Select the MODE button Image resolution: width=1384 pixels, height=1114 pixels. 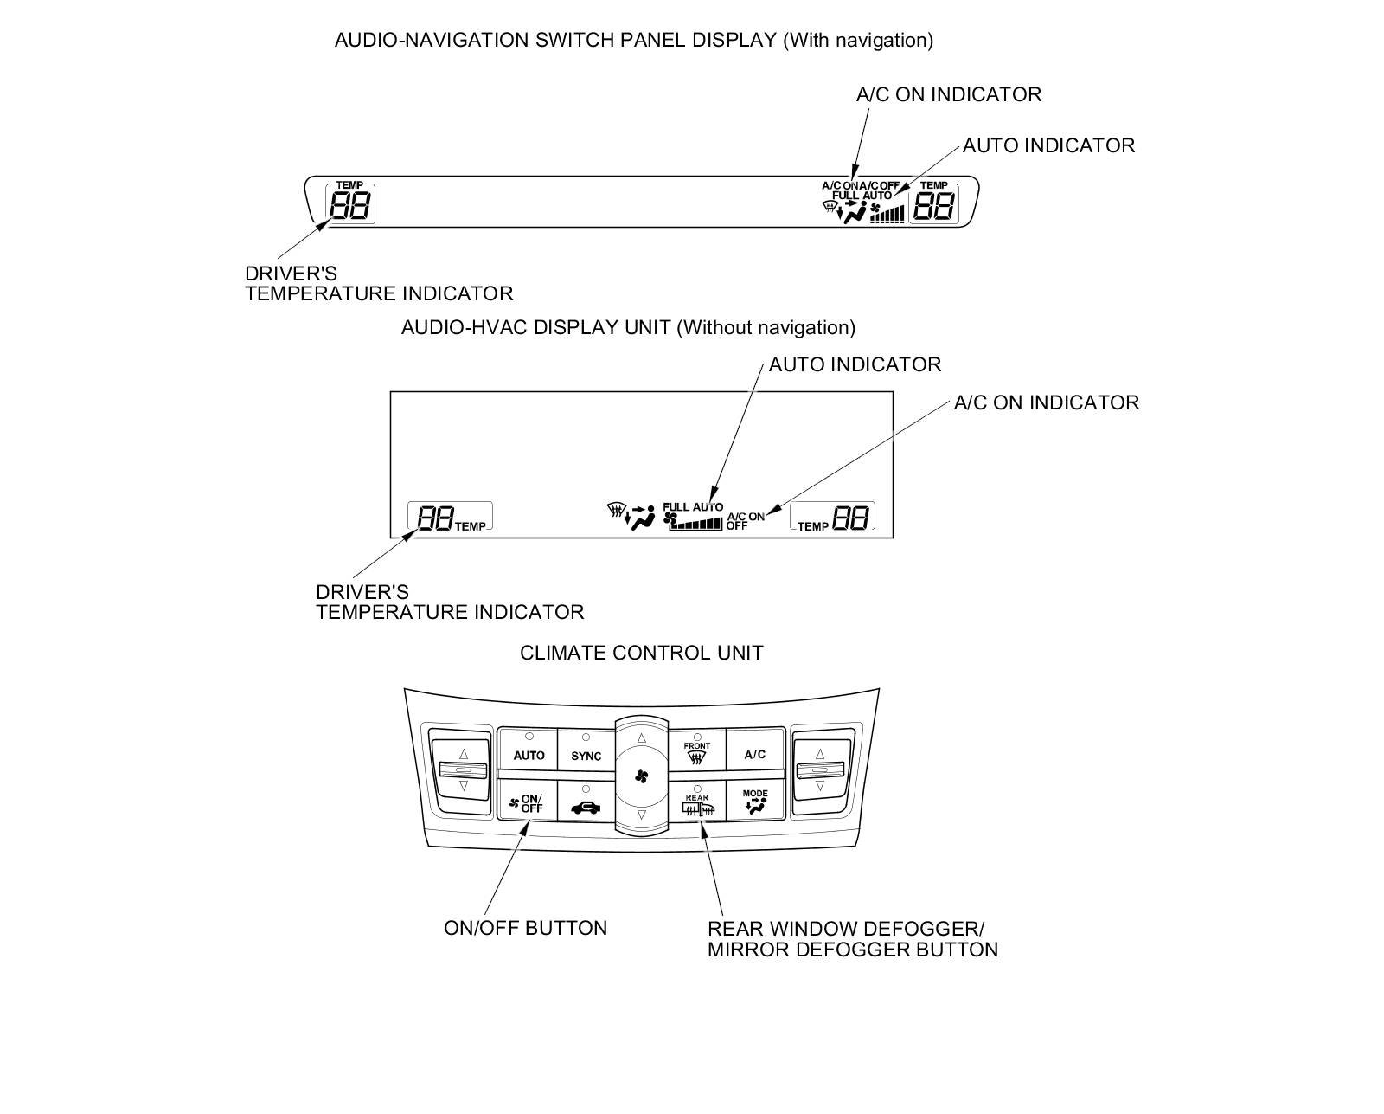tap(754, 802)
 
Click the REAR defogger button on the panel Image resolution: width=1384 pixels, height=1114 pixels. tap(697, 803)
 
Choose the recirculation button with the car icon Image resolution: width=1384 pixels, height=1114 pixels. tap(586, 805)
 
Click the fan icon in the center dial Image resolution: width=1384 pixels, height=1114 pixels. tap(641, 776)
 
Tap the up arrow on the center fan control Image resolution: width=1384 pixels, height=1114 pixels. tap(641, 738)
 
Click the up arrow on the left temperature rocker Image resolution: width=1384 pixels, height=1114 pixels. tap(464, 753)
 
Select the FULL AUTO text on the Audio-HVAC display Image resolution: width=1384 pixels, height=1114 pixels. tap(692, 507)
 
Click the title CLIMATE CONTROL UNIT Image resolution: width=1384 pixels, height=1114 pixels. tap(641, 653)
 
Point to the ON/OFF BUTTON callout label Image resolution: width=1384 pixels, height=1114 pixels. tap(525, 928)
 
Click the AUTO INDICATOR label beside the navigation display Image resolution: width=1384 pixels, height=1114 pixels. tap(1048, 145)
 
